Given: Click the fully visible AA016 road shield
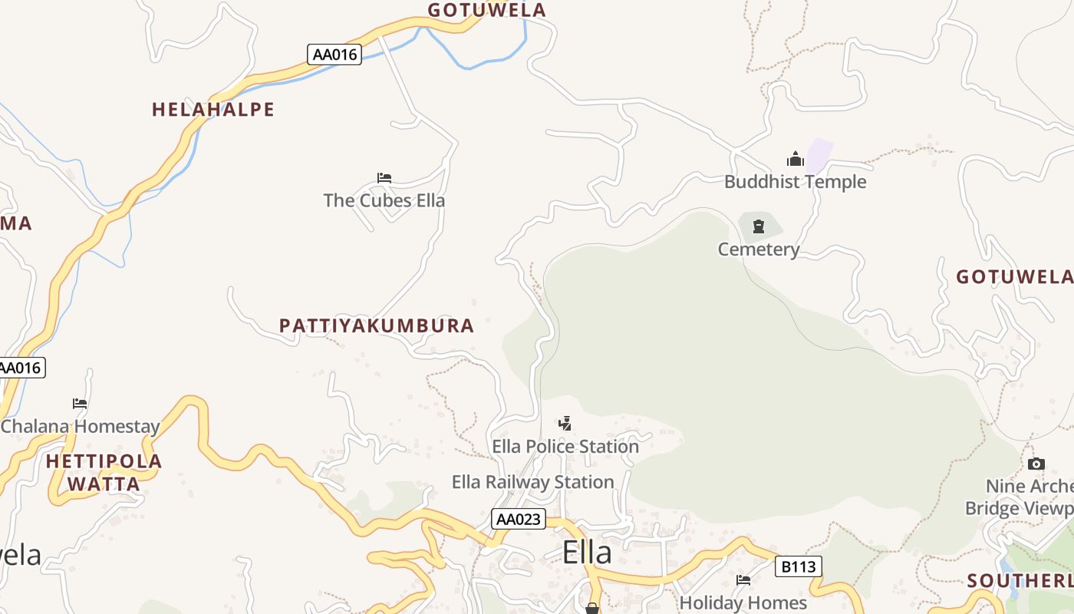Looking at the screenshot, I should tap(334, 54).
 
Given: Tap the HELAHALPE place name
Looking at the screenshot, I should tap(213, 110).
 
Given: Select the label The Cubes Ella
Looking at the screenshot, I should tap(384, 200).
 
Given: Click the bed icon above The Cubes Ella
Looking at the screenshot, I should tap(384, 178).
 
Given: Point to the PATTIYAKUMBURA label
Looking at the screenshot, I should tap(377, 325).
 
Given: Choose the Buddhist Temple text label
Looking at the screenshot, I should tap(796, 182).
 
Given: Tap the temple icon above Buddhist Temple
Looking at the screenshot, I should tap(796, 160).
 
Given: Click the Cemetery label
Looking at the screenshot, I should tap(759, 249).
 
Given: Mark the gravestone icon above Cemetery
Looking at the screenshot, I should tap(759, 226).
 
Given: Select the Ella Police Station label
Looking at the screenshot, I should tap(565, 446).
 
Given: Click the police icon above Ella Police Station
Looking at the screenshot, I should tap(565, 424).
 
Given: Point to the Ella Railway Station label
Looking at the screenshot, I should tap(533, 482).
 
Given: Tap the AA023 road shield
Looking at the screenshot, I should tap(519, 520).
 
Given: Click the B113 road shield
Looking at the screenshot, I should tap(799, 567).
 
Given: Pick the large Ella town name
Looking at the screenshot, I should tap(587, 553).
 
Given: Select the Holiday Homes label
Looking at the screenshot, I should tap(743, 603).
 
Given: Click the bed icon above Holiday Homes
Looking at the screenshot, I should tap(743, 580).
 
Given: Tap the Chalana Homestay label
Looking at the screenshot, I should tap(80, 427).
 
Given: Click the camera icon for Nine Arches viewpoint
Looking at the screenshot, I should tap(1036, 464).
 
